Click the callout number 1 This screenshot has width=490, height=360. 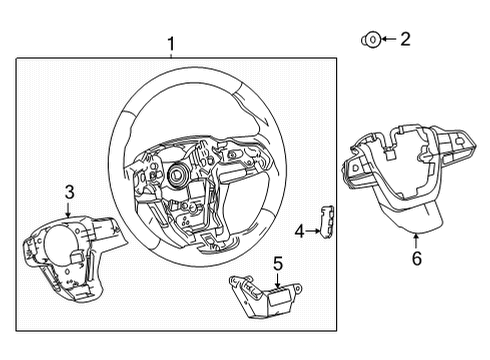click(171, 43)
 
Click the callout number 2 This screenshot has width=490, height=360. click(405, 39)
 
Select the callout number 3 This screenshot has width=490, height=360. click(69, 191)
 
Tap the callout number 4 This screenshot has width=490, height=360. click(299, 232)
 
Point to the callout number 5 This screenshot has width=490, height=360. click(279, 264)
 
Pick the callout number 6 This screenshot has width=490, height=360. click(417, 259)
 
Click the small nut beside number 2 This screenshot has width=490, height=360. click(370, 39)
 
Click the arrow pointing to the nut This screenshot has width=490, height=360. click(387, 39)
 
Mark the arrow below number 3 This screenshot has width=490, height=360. click(68, 209)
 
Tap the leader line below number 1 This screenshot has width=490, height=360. click(171, 55)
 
